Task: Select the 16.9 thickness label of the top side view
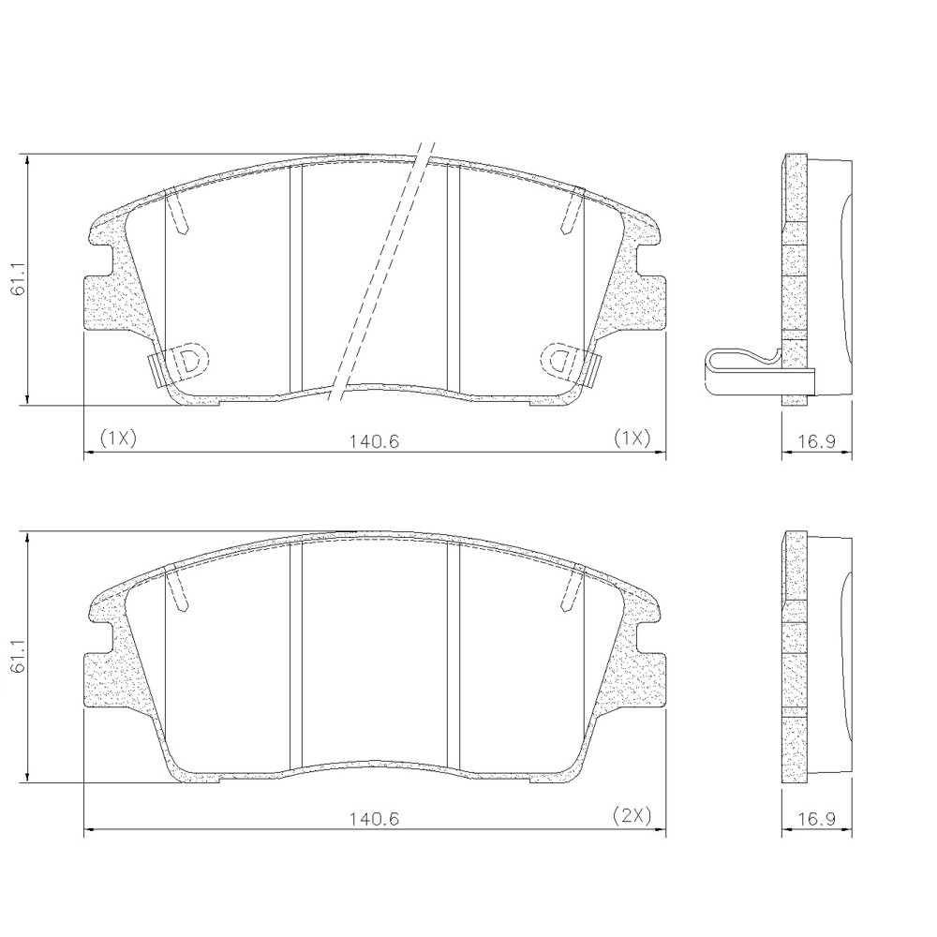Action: pos(817,441)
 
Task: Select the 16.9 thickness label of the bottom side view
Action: pos(817,818)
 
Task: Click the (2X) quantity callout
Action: pos(631,814)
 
